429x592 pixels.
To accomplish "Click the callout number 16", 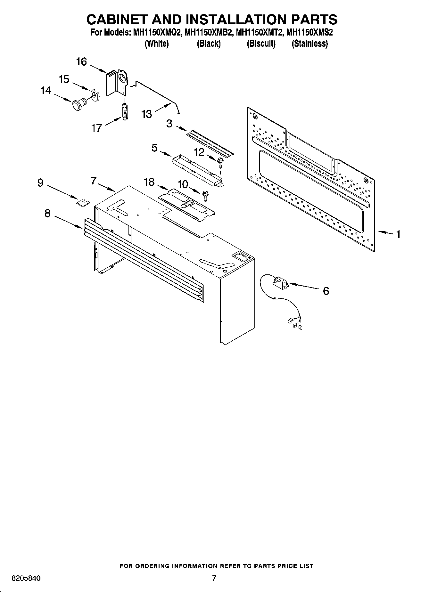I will [x=81, y=61].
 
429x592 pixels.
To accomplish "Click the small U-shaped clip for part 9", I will [x=83, y=203].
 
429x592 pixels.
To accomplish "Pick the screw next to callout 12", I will [x=220, y=162].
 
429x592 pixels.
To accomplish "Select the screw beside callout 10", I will [x=205, y=195].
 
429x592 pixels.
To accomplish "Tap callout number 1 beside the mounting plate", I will [x=398, y=234].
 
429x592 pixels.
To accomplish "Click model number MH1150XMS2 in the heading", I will [x=309, y=33].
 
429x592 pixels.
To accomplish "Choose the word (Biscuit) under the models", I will [x=261, y=44].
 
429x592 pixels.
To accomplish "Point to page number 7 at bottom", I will [x=214, y=578].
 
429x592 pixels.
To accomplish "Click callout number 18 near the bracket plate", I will [x=149, y=182].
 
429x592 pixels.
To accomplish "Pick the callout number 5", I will [x=154, y=148].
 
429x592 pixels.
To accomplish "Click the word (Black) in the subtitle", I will [x=209, y=44].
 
